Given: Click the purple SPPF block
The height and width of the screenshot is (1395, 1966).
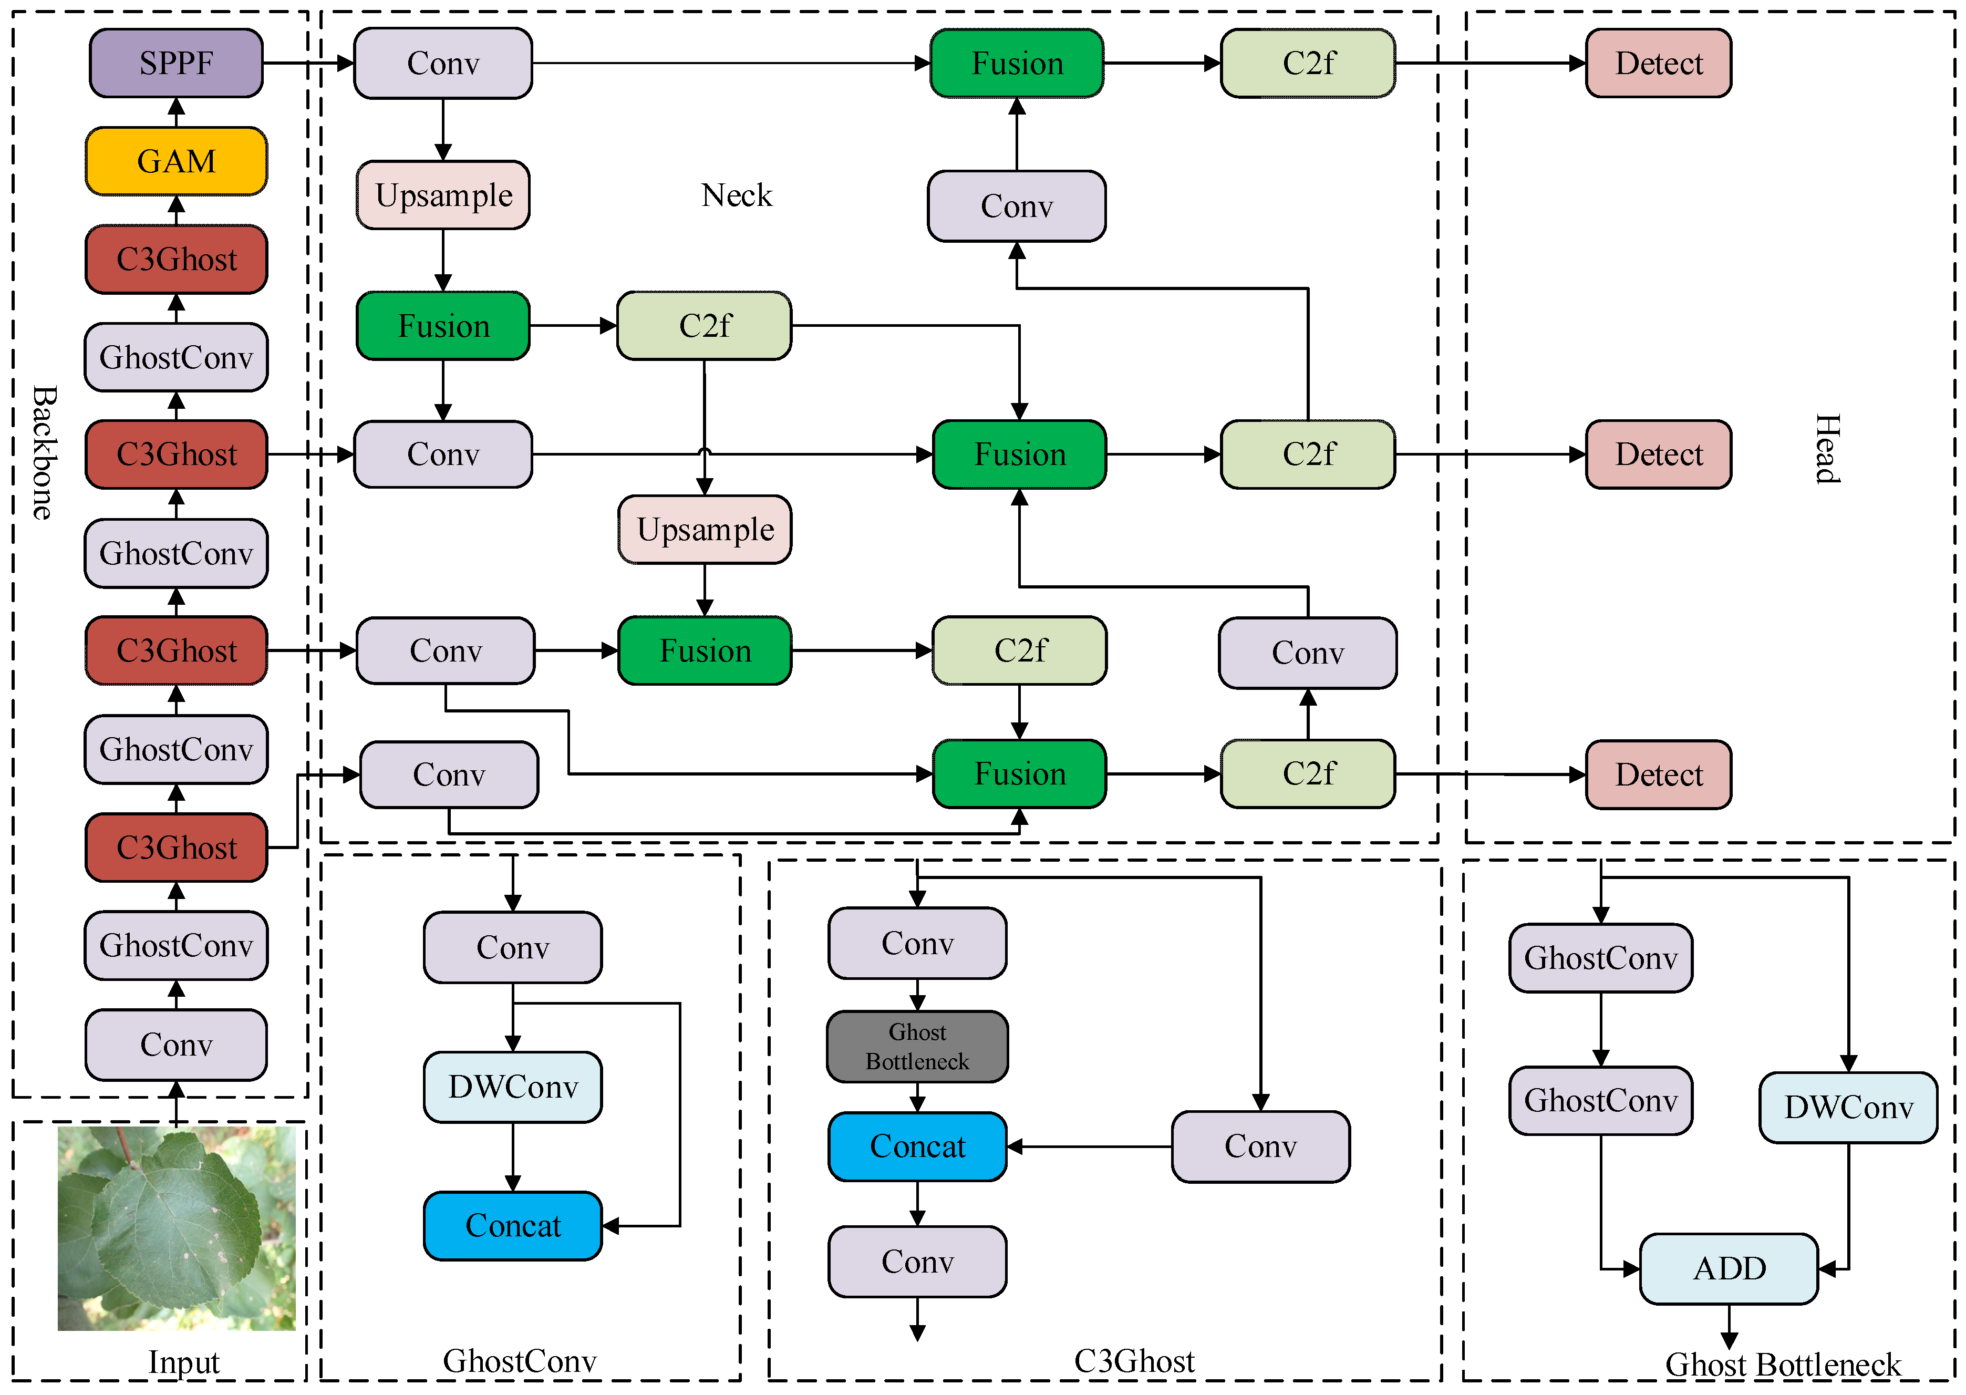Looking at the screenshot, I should pyautogui.click(x=176, y=63).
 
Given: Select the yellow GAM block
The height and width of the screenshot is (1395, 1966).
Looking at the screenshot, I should pyautogui.click(x=176, y=161).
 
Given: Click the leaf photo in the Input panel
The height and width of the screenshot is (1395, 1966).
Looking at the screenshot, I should pyautogui.click(x=176, y=1228).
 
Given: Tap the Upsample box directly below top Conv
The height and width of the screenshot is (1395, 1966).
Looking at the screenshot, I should pyautogui.click(x=443, y=195).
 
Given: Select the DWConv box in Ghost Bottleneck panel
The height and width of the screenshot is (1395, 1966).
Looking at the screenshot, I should pyautogui.click(x=1847, y=1107).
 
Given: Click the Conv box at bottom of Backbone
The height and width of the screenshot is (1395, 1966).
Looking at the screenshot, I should pyautogui.click(x=176, y=1045).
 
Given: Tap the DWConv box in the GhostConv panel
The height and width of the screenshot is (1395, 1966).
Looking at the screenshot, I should pyautogui.click(x=513, y=1087).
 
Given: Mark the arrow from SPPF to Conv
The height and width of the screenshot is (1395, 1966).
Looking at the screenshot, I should pyautogui.click(x=309, y=63).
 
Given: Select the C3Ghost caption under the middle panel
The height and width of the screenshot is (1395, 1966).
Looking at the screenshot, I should pyautogui.click(x=1134, y=1361).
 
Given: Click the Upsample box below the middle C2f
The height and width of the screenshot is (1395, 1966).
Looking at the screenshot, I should pyautogui.click(x=705, y=529).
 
